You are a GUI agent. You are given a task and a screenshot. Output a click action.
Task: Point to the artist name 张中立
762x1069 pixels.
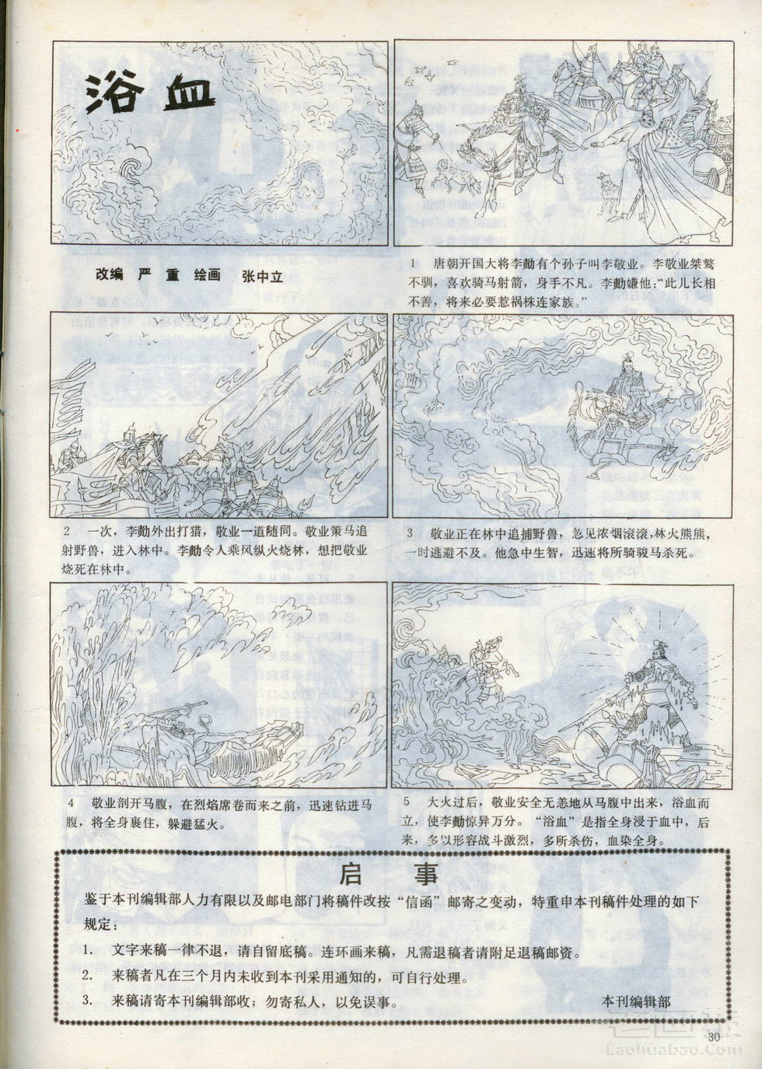[263, 276]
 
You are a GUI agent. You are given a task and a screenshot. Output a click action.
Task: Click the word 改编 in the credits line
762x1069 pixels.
[110, 274]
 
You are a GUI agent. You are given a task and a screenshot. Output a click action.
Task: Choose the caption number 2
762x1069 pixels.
[68, 531]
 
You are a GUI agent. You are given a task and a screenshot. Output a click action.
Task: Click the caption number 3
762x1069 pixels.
[410, 534]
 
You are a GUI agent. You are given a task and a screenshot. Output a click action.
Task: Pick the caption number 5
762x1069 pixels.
[407, 802]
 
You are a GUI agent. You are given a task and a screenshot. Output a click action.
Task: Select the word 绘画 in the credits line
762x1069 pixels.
[207, 275]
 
